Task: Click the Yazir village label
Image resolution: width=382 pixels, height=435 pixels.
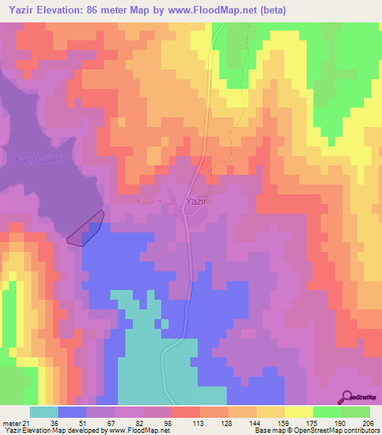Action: [x=196, y=201]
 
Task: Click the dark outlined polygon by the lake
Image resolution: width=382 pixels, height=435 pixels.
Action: [x=86, y=229]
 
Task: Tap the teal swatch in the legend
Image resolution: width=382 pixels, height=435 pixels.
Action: [x=44, y=412]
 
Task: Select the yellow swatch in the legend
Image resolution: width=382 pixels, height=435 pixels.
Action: [x=299, y=412]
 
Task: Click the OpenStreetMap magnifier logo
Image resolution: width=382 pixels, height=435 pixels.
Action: [x=348, y=397]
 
